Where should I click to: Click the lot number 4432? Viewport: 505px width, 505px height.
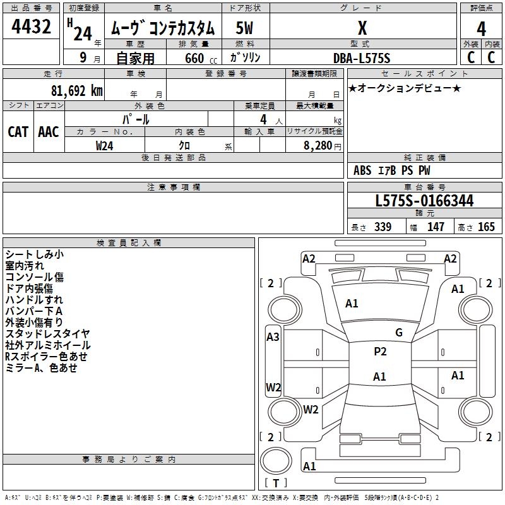point(31,27)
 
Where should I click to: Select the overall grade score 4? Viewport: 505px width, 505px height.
point(481,28)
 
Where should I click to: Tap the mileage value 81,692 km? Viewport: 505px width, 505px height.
point(76,91)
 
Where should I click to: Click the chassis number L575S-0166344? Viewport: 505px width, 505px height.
point(424,201)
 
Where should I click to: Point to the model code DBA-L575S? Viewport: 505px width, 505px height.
point(362,58)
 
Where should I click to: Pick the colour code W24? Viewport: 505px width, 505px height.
point(104,146)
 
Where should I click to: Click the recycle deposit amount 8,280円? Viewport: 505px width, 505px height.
point(323,146)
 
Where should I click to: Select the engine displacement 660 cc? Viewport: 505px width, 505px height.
point(201,58)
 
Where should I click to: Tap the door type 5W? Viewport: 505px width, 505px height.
point(244,28)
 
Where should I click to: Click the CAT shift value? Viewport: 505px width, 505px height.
point(18,132)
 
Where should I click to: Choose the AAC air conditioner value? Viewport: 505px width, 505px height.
point(49,132)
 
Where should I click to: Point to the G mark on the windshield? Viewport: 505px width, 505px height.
point(399,333)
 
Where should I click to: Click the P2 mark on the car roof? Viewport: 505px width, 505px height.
point(380,351)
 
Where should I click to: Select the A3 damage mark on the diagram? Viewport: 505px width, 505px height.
point(273,337)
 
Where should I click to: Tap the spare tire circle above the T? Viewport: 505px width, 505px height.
point(276,461)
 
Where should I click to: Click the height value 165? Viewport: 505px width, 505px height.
point(486,227)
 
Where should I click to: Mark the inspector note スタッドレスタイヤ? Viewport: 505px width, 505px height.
point(48,334)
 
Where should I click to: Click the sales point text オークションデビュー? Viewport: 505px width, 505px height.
point(405,88)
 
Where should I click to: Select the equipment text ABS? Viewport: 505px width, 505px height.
point(362,170)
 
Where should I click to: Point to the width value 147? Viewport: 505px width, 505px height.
point(436,227)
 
